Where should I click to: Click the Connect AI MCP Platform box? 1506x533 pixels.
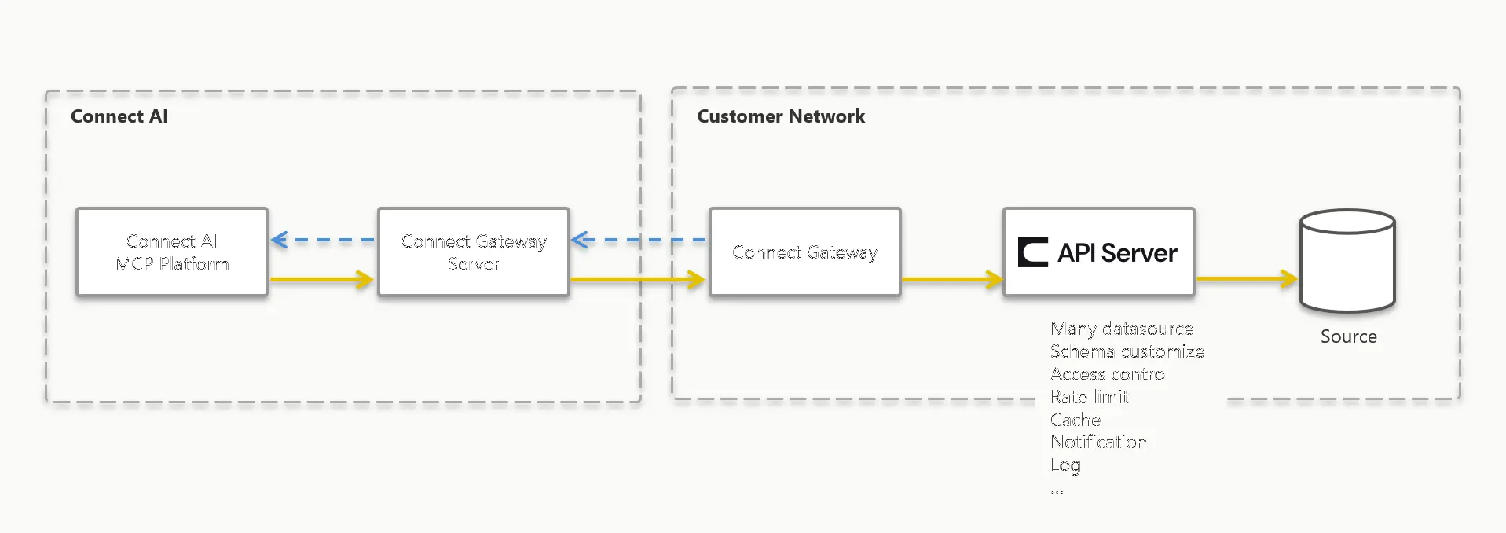[x=172, y=252]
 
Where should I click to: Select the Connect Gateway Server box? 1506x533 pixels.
[x=474, y=252]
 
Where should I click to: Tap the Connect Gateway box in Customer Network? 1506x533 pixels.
[x=804, y=252]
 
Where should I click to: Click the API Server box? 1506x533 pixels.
[x=1098, y=252]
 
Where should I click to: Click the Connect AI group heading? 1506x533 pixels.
[x=119, y=116]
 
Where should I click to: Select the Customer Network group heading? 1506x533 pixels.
[x=781, y=116]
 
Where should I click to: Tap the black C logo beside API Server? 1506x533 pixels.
[x=1033, y=252]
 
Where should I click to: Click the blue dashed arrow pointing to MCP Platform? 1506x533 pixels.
[x=322, y=240]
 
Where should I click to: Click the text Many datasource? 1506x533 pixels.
[x=1122, y=329]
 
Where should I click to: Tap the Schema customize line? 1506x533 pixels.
[x=1127, y=351]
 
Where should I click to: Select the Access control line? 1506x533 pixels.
[x=1109, y=374]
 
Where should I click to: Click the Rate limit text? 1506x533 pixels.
[x=1089, y=397]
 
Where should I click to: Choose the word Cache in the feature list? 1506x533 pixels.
[x=1075, y=420]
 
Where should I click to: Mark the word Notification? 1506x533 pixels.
[x=1098, y=442]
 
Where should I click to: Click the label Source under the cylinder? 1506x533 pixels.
[x=1348, y=336]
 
